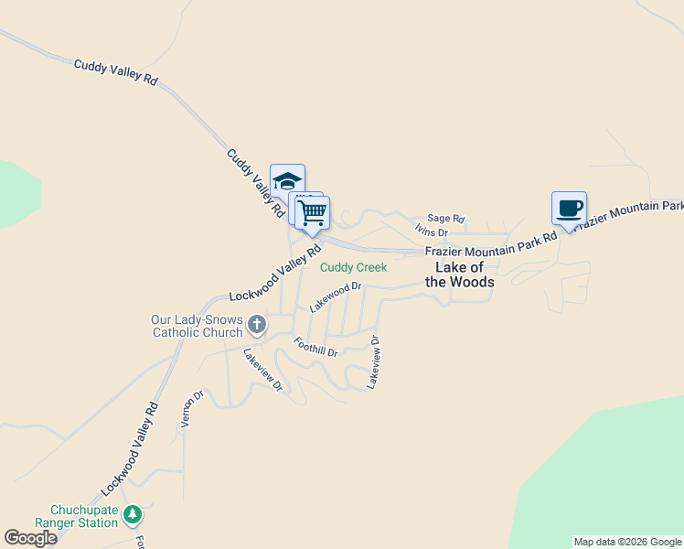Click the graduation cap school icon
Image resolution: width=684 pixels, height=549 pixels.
click(287, 179)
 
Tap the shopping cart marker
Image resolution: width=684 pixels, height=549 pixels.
click(313, 212)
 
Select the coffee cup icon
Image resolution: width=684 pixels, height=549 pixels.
click(569, 208)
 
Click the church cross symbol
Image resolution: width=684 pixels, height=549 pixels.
click(258, 323)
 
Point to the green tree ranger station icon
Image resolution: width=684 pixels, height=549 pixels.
click(134, 515)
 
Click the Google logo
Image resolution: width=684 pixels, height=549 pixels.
click(30, 538)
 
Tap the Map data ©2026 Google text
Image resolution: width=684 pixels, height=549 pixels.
click(627, 542)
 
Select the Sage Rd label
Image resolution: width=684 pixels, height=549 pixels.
click(446, 219)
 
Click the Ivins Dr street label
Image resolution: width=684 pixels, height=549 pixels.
click(431, 231)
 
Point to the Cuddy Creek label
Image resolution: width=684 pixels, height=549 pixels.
click(353, 267)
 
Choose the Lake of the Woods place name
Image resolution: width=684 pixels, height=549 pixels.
click(460, 274)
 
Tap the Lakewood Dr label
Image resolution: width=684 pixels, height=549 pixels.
click(336, 296)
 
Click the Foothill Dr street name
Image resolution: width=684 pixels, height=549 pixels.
click(315, 347)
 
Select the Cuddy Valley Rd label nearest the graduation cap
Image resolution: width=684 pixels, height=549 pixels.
click(256, 184)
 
